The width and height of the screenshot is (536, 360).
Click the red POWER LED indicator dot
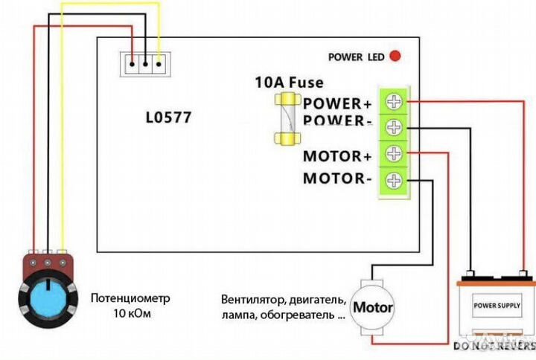(x=395, y=56)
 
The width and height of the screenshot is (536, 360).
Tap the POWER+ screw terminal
(x=394, y=101)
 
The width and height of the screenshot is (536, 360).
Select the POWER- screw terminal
(x=394, y=127)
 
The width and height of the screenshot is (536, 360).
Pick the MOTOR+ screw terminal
(x=394, y=154)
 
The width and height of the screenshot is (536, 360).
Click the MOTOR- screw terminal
(x=394, y=180)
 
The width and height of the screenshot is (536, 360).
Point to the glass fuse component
(x=287, y=119)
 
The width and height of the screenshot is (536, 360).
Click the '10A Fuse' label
(x=289, y=83)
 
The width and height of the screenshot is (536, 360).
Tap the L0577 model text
(x=167, y=118)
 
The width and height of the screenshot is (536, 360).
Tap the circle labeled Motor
(x=372, y=306)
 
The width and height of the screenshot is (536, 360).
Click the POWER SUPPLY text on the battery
(x=498, y=305)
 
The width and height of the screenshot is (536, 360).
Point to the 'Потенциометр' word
(x=130, y=298)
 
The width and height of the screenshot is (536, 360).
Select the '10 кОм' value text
(x=130, y=314)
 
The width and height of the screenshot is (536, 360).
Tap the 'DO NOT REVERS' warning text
(x=494, y=347)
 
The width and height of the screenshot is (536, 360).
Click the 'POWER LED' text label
(x=356, y=57)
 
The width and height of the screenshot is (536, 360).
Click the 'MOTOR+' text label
(x=336, y=156)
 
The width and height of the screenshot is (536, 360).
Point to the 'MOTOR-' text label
(x=337, y=179)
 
